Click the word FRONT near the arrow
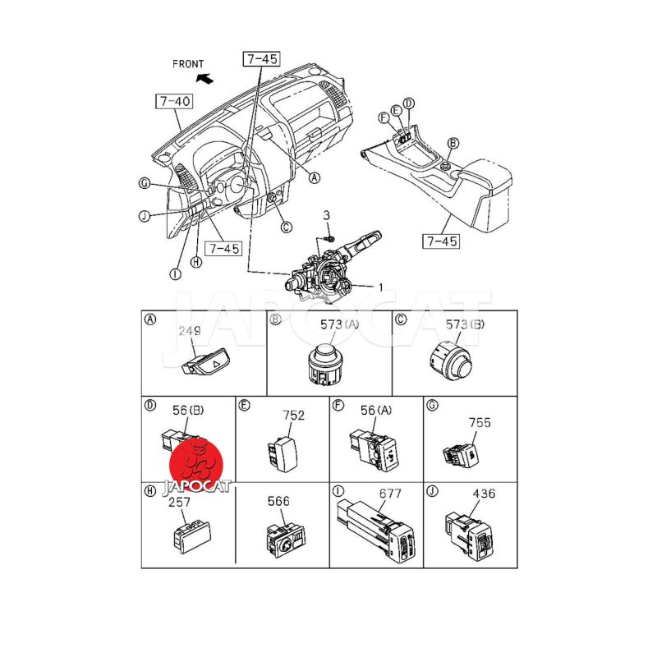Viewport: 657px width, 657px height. [188, 64]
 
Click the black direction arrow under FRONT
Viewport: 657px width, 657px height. [204, 78]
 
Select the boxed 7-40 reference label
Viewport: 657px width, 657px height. [174, 101]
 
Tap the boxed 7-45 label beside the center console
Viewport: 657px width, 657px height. [441, 241]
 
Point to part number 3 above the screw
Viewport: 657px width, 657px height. [326, 215]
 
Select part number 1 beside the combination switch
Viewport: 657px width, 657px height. [381, 287]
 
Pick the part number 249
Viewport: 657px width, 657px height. [190, 331]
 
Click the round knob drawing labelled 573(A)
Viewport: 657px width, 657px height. [325, 364]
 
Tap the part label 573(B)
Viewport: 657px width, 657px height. [465, 324]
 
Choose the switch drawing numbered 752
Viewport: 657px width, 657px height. [282, 454]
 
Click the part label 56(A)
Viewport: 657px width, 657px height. [376, 410]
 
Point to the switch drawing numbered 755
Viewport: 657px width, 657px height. [461, 456]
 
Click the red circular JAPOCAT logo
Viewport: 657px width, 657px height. [196, 465]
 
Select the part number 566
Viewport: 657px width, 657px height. [278, 501]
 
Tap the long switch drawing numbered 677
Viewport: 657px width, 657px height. [376, 530]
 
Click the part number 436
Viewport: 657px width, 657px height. [484, 494]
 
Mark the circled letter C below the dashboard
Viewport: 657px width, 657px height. [286, 227]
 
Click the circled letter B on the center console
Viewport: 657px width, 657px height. [453, 143]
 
